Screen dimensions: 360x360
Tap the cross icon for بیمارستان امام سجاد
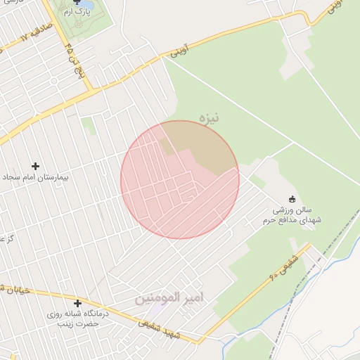(35, 166)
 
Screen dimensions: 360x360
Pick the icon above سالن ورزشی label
(292, 199)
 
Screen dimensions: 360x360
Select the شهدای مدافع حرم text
(291, 220)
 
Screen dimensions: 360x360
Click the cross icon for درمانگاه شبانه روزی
(77, 303)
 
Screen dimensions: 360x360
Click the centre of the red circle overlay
(180, 179)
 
